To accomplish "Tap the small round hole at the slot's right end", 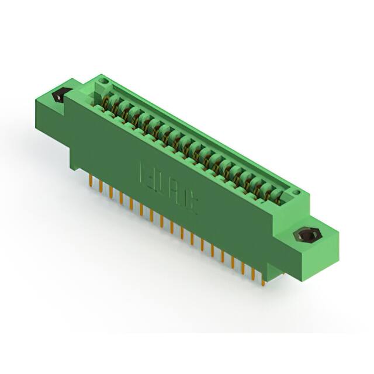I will tap(296, 193).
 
